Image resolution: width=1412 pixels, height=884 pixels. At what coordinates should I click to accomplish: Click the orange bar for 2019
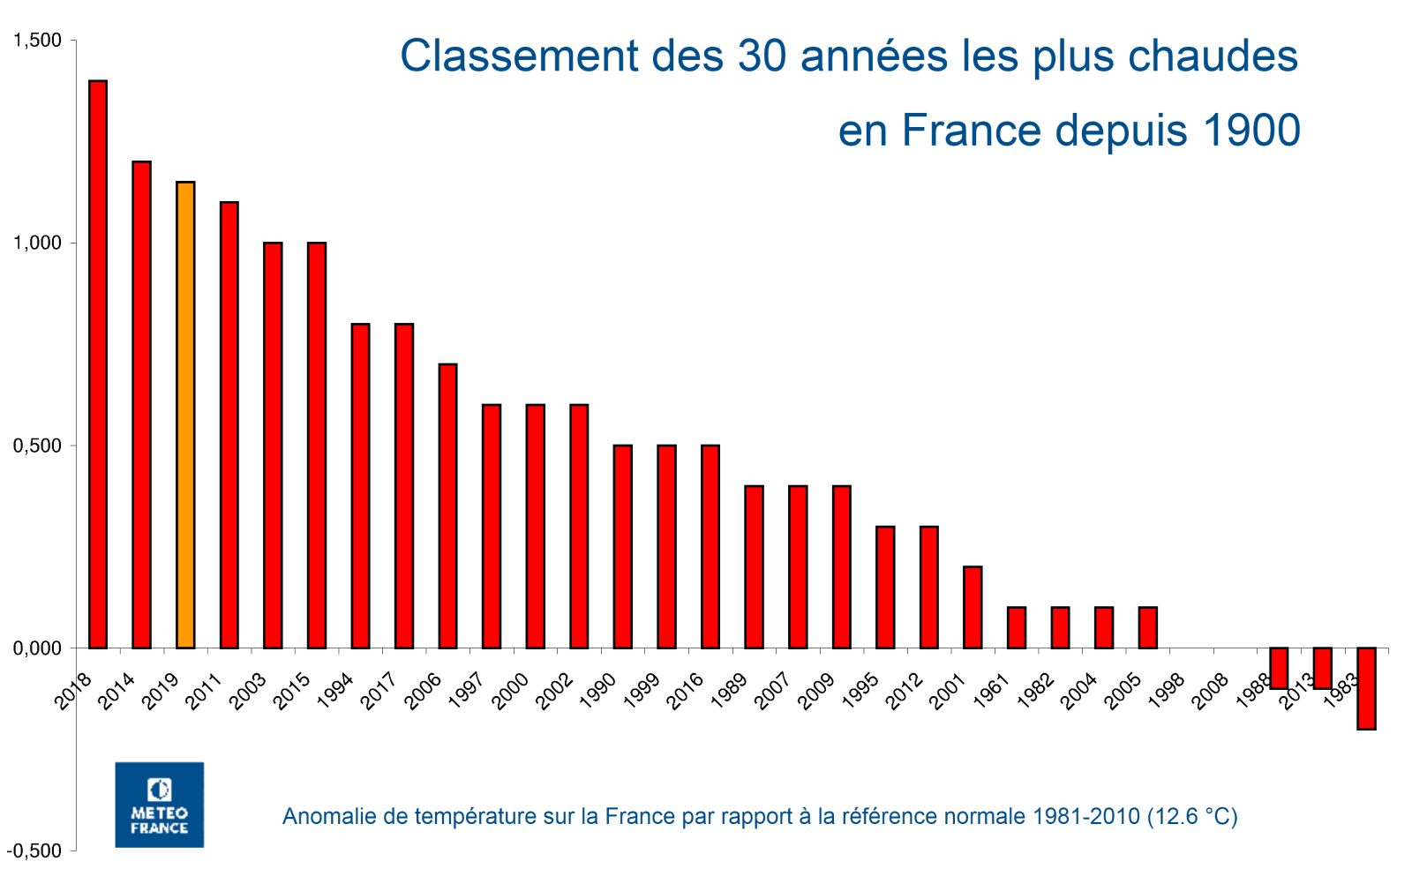point(185,415)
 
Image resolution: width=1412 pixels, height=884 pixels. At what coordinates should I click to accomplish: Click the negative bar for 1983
point(1366,688)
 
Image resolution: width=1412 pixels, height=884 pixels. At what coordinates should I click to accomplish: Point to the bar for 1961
point(1016,627)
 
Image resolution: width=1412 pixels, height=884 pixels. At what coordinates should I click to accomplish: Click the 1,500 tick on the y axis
point(37,41)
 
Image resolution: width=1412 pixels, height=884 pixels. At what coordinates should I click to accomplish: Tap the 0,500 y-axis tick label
point(37,446)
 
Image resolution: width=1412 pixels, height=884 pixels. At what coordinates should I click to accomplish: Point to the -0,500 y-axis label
point(35,850)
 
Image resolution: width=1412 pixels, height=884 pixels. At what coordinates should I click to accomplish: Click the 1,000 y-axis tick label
point(37,243)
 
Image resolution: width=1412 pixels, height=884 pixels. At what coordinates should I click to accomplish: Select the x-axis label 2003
point(248,691)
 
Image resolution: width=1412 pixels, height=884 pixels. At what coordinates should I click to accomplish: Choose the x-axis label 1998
point(1167,691)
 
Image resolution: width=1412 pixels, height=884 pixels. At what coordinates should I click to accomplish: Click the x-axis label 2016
point(686,691)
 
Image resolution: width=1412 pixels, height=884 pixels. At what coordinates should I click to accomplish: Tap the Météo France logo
point(160,805)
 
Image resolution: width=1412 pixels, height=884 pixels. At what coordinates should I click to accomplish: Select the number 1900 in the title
point(1251,131)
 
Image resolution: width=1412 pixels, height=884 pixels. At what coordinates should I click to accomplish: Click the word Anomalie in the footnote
point(320,816)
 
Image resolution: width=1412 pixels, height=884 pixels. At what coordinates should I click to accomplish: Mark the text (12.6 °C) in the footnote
point(1192,816)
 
